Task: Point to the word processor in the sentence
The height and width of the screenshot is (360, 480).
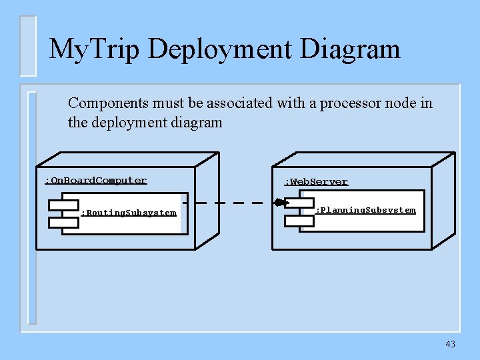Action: pyautogui.click(x=343, y=103)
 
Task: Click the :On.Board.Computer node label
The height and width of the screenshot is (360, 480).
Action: pyautogui.click(x=95, y=180)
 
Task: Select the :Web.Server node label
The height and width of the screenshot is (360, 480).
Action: pyautogui.click(x=316, y=181)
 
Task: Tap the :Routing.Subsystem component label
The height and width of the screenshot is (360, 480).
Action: pyautogui.click(x=129, y=213)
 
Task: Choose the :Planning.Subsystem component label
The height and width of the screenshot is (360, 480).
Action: pyautogui.click(x=365, y=210)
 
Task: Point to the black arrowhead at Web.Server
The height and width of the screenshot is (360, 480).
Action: pyautogui.click(x=278, y=202)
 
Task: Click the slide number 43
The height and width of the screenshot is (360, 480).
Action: pyautogui.click(x=451, y=344)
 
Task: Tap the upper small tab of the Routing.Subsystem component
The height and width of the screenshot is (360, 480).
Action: pyautogui.click(x=63, y=204)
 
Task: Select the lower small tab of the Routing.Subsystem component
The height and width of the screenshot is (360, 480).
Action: pyautogui.click(x=63, y=221)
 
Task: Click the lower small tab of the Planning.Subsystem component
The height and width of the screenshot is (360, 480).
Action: pyautogui.click(x=299, y=221)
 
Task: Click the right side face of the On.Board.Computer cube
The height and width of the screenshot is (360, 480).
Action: pyautogui.click(x=207, y=200)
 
